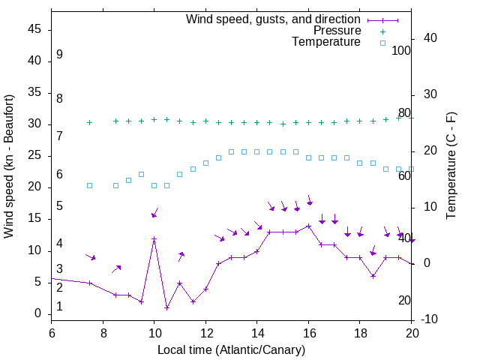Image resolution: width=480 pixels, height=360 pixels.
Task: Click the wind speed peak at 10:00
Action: point(154,239)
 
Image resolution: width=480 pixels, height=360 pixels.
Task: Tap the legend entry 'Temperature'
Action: point(326,42)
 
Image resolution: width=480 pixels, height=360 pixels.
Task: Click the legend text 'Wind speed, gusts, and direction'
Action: point(274,19)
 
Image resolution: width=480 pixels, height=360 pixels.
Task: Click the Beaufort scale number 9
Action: point(59,55)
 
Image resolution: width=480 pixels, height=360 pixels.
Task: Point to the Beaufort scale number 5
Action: point(59,206)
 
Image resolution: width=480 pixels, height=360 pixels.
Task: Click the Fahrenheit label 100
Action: point(401,51)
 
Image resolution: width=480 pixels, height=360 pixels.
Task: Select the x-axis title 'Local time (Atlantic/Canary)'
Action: point(231,349)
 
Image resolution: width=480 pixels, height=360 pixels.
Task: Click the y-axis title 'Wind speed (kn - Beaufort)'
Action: point(9,166)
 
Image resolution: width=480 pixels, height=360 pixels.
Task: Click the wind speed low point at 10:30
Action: point(166,307)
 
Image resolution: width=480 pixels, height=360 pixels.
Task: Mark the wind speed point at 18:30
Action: point(373,276)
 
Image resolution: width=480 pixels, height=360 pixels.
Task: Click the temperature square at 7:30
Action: point(89,185)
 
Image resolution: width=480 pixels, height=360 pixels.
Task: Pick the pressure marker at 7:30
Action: point(89,122)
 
